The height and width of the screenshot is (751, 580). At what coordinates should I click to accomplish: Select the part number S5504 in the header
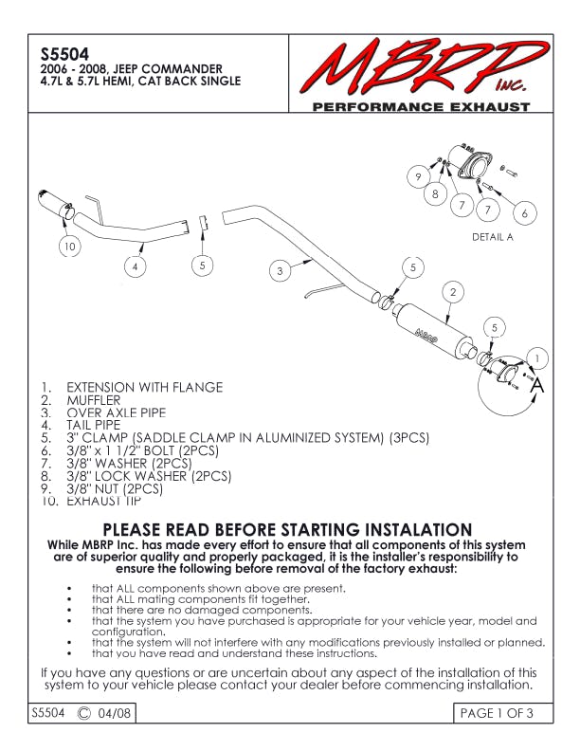(52, 53)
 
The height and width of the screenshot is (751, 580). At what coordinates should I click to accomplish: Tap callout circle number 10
(69, 247)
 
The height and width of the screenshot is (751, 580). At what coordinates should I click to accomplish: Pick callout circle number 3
(280, 271)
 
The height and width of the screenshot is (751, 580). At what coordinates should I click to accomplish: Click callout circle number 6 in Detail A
(524, 213)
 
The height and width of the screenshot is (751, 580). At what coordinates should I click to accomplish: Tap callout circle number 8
(435, 194)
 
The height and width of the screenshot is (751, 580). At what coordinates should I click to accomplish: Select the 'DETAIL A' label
(492, 237)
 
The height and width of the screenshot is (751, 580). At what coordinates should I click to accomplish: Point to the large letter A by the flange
(537, 386)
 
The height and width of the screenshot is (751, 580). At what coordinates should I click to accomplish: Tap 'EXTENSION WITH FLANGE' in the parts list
(144, 387)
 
